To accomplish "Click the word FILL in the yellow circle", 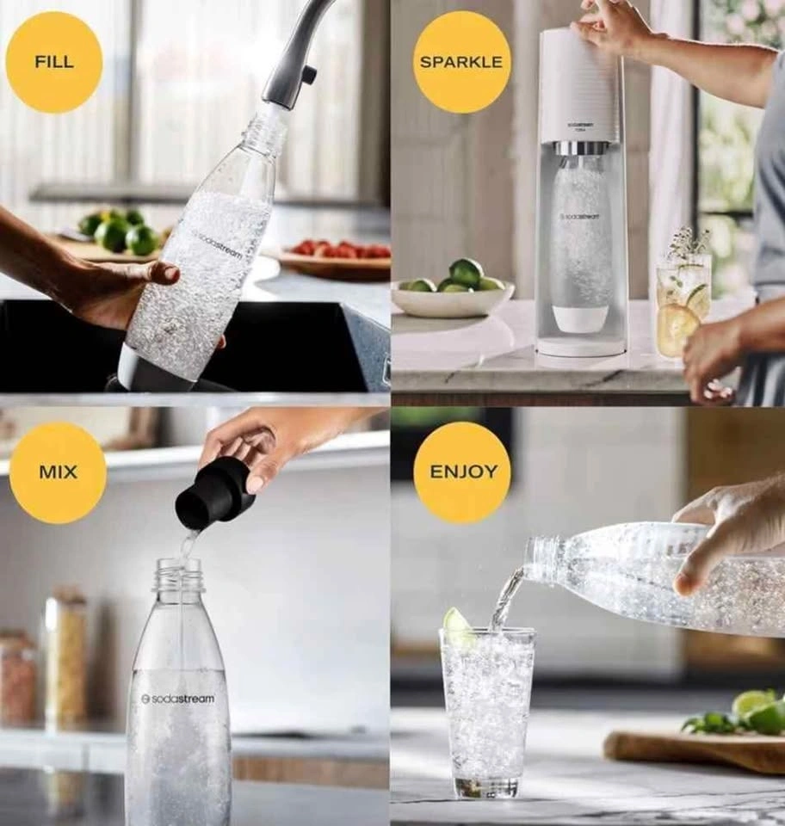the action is click(x=53, y=62).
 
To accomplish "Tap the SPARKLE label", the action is click(x=461, y=62).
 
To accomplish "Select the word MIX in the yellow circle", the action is click(x=58, y=472).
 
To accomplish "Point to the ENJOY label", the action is click(x=463, y=471).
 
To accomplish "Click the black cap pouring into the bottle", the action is click(x=213, y=492).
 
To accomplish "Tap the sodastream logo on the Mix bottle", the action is click(x=178, y=699).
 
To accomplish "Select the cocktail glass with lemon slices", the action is click(x=683, y=305).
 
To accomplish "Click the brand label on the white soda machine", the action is click(x=581, y=126).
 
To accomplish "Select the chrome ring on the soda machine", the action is click(x=582, y=149).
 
